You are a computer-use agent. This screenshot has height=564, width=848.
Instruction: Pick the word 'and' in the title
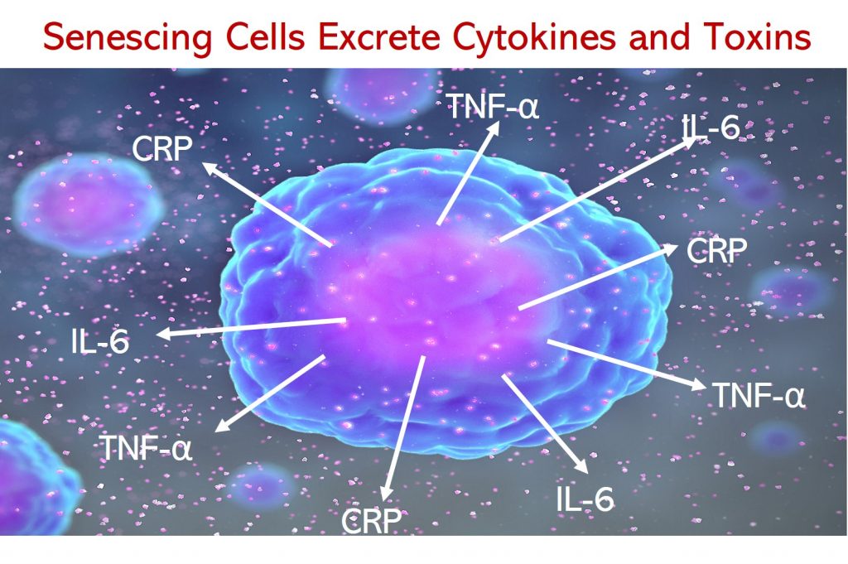pyautogui.click(x=660, y=36)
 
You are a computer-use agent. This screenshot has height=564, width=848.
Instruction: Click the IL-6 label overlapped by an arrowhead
pyautogui.click(x=711, y=128)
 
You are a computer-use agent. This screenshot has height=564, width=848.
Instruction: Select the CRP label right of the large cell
pyautogui.click(x=716, y=250)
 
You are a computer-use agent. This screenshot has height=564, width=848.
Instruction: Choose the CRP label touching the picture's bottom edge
pyautogui.click(x=372, y=521)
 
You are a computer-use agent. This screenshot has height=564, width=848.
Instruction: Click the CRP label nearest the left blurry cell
pyautogui.click(x=162, y=148)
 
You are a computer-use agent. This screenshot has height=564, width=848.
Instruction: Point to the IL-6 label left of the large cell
pyautogui.click(x=100, y=342)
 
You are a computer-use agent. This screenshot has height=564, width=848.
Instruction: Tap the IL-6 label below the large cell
pyautogui.click(x=585, y=499)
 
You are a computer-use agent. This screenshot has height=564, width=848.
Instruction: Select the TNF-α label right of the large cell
pyautogui.click(x=759, y=395)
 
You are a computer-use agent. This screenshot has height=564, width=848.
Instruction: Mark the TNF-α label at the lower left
pyautogui.click(x=147, y=448)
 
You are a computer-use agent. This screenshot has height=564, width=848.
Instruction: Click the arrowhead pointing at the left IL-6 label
pyautogui.click(x=164, y=334)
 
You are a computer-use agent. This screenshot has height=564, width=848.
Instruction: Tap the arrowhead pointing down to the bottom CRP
pyautogui.click(x=386, y=493)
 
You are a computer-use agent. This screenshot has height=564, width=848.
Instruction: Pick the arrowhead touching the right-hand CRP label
pyautogui.click(x=669, y=249)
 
